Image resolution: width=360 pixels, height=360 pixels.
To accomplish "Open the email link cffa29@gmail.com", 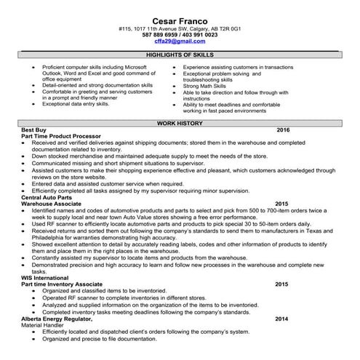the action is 180,41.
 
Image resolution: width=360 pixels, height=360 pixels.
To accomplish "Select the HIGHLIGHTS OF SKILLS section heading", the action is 180,55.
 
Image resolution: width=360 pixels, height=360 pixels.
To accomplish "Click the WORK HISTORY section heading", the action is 180,124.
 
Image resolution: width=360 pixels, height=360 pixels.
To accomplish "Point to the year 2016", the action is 283,130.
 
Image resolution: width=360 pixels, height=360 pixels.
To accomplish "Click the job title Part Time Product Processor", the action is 61,137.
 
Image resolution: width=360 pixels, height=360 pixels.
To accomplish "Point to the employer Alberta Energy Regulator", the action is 59,319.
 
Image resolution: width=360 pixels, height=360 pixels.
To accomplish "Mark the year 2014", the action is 281,319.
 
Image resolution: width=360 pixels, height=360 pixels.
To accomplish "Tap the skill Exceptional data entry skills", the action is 76,104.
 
